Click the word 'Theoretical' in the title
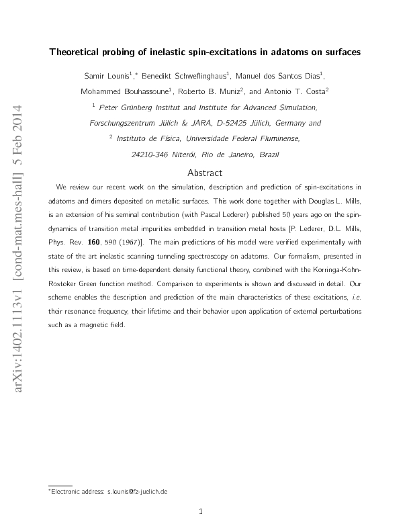76,51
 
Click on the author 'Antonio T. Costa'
297,91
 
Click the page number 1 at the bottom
202,511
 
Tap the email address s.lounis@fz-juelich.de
137,491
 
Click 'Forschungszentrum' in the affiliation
121,123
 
